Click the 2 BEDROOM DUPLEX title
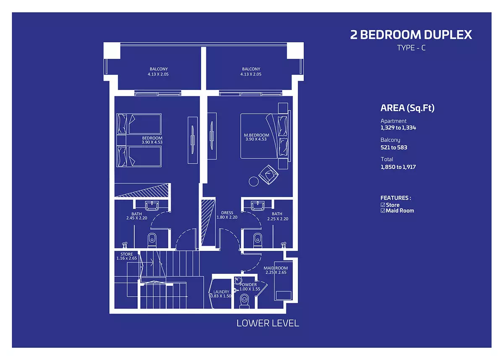[x=411, y=34]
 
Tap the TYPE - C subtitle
[x=411, y=48]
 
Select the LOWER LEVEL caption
[x=268, y=323]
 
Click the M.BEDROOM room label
[x=257, y=135]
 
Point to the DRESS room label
[x=227, y=213]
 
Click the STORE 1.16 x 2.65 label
[x=127, y=256]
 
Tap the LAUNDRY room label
[x=221, y=292]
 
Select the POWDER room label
[x=248, y=285]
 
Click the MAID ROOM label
[x=276, y=268]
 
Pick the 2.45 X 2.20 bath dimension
[x=136, y=218]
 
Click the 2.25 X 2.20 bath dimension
[x=278, y=219]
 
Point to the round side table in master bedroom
[x=254, y=181]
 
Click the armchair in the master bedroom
[x=268, y=175]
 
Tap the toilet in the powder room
[x=244, y=302]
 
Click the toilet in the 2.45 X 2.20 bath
[x=152, y=240]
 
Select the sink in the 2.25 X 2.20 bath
[x=257, y=206]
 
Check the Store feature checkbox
[x=383, y=205]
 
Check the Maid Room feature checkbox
[x=383, y=211]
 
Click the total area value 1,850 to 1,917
[x=398, y=167]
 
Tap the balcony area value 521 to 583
[x=394, y=147]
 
